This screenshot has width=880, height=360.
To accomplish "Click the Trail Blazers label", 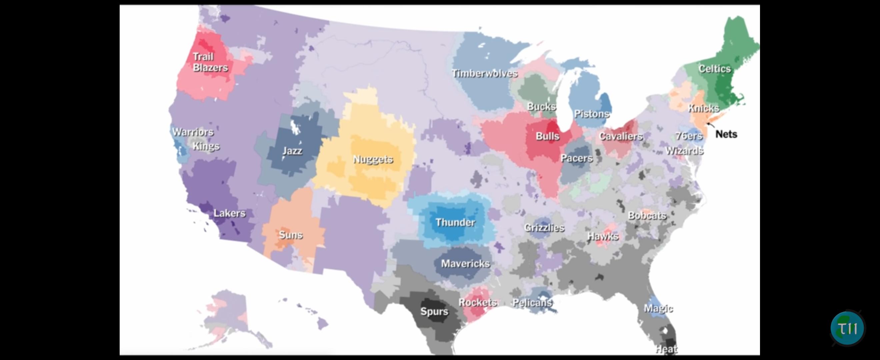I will point(210,62).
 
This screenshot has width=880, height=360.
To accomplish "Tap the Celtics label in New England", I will point(714,69).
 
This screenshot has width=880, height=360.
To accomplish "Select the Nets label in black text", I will point(726,134).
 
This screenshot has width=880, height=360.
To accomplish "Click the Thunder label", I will point(455,222).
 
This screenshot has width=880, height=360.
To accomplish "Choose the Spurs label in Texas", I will point(434,311).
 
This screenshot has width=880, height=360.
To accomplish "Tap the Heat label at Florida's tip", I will point(666,349).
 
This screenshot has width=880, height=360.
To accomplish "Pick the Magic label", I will point(658,308).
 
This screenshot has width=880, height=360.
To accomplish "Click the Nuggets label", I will point(373,159).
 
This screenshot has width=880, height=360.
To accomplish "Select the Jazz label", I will point(292,151).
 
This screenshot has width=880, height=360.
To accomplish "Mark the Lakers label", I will point(229,213).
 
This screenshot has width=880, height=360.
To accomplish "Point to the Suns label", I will point(291,235).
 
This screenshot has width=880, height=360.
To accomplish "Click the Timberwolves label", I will point(484,73).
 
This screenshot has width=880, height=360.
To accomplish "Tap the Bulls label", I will point(547,136).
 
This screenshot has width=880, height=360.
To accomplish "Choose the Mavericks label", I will point(465,264).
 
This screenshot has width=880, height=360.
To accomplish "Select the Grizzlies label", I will point(544,228).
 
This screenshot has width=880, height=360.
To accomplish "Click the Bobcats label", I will point(647,216).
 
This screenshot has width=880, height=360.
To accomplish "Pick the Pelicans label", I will point(532,303).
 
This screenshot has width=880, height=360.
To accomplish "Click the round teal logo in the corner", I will point(847,328).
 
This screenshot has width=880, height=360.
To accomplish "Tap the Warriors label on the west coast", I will point(193,132).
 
